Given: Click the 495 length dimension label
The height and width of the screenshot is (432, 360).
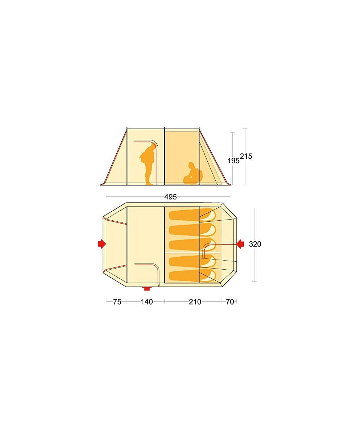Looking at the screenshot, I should pos(171,197).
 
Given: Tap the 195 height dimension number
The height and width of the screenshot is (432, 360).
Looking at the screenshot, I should pos(233,161).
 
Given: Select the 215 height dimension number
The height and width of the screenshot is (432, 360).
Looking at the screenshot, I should pos(246,156).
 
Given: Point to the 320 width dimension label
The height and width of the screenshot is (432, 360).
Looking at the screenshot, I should pos(255,244).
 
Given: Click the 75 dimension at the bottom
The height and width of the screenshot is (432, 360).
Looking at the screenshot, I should pos(117,302).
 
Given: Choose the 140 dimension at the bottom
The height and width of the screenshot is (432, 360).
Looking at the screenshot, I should pos(147,302).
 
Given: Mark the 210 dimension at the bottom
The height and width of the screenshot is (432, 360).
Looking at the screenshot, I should pos(195,302).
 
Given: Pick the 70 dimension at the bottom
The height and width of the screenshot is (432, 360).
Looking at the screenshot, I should pos(230,302).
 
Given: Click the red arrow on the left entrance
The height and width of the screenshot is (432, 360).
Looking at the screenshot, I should pos(102,244).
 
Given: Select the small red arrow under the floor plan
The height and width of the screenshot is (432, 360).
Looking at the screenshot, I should pos(147,288).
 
